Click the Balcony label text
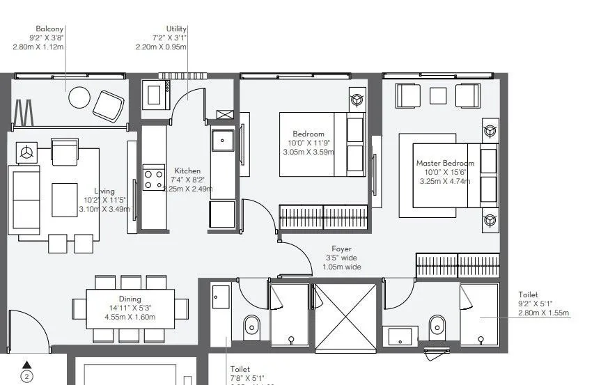pyautogui.click(x=50, y=29)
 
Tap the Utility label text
pyautogui.click(x=176, y=29)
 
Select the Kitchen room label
pyautogui.click(x=187, y=171)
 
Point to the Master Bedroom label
pyautogui.click(x=445, y=164)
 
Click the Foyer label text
pyautogui.click(x=341, y=249)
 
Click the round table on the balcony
pyautogui.click(x=79, y=97)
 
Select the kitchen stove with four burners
pyautogui.click(x=153, y=178)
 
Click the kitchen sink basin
pyautogui.click(x=223, y=139)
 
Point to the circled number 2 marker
pyautogui.click(x=27, y=377)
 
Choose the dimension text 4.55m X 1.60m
pyautogui.click(x=132, y=317)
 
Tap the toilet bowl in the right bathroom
pyautogui.click(x=437, y=324)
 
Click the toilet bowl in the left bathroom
pyautogui.click(x=252, y=324)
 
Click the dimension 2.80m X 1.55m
pyautogui.click(x=543, y=313)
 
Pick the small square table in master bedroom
pyautogui.click(x=438, y=95)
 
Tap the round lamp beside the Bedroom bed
pyautogui.click(x=357, y=100)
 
